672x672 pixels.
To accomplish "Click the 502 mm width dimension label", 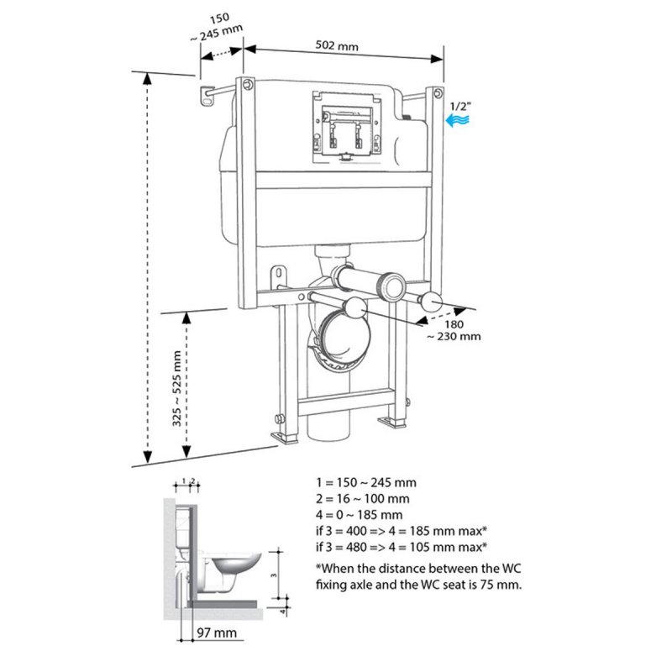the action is pyautogui.click(x=337, y=45).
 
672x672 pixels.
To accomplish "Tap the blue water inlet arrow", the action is pyautogui.click(x=457, y=119).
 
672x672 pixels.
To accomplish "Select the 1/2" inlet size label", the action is pyautogui.click(x=460, y=107).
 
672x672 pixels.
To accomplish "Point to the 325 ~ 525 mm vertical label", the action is pyautogui.click(x=176, y=388).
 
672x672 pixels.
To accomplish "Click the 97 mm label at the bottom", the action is pyautogui.click(x=217, y=633).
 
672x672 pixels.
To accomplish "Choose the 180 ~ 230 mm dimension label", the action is pyautogui.click(x=454, y=330).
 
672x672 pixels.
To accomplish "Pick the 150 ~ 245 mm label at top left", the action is pyautogui.click(x=217, y=28).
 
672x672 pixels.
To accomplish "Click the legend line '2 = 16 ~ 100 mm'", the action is pyautogui.click(x=363, y=498).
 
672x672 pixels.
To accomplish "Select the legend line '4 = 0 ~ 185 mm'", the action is pyautogui.click(x=360, y=515).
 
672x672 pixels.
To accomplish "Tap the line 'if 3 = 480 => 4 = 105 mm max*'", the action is pyautogui.click(x=402, y=547).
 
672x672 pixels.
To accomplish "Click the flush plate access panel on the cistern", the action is pyautogui.click(x=346, y=127).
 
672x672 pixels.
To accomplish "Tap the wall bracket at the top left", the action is pyautogui.click(x=207, y=97).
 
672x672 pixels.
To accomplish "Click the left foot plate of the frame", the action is pyautogui.click(x=284, y=438).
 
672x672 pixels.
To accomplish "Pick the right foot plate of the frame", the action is pyautogui.click(x=391, y=422).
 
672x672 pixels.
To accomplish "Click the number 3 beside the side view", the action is pyautogui.click(x=274, y=575).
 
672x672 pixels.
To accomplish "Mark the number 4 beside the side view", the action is pyautogui.click(x=282, y=611).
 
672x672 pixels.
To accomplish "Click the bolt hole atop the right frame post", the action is pyautogui.click(x=437, y=93).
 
